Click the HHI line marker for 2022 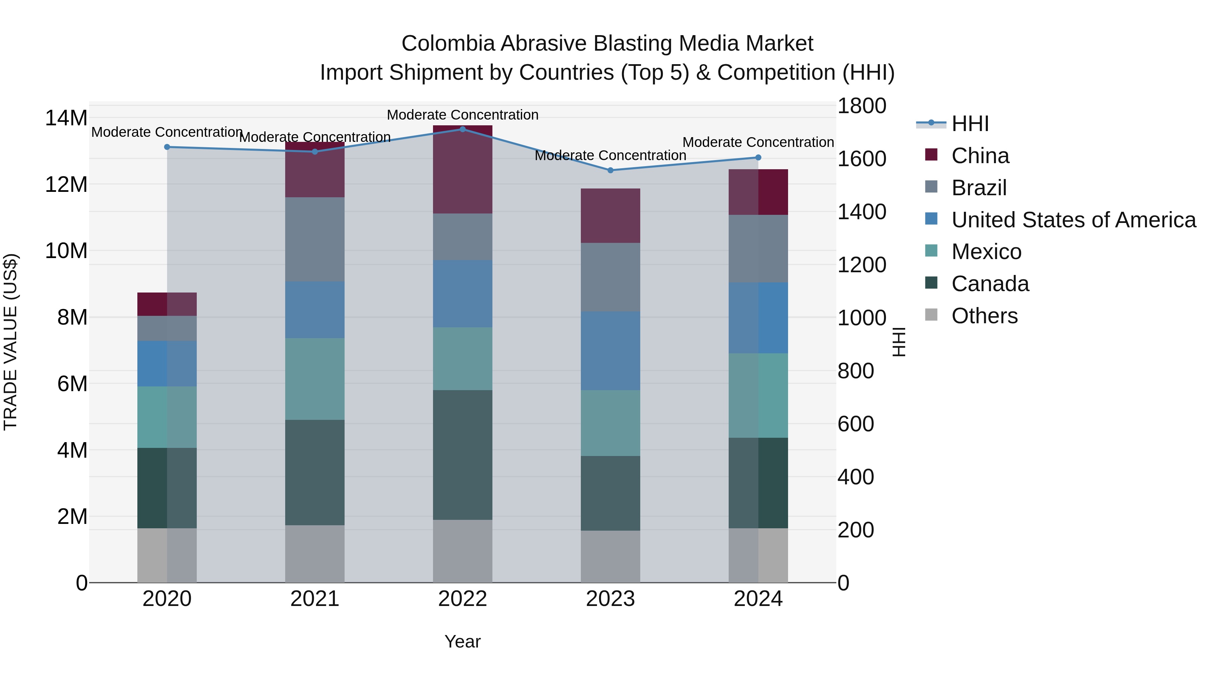coord(462,129)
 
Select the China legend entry coord(980,156)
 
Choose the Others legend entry coord(984,316)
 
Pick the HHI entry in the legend coord(970,124)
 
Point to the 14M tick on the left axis coord(66,118)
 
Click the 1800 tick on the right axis coord(862,106)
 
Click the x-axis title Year coord(462,641)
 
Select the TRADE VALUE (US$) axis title coord(10,342)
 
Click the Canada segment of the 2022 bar coord(462,455)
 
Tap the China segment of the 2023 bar coord(610,216)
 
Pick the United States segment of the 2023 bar coord(610,350)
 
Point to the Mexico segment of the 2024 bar coord(758,395)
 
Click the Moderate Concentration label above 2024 coord(758,142)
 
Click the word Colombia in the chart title coord(448,44)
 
